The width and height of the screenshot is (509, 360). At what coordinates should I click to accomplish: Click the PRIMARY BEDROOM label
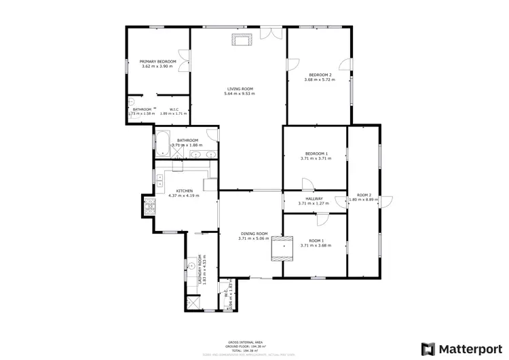(x=158, y=62)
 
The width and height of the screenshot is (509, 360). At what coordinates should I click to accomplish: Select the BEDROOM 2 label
(x=320, y=75)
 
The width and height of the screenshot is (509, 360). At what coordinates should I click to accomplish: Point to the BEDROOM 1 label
(x=316, y=154)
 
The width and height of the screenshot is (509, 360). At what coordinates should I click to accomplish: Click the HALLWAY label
(x=313, y=198)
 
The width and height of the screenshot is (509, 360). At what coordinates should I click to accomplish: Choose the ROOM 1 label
(x=316, y=241)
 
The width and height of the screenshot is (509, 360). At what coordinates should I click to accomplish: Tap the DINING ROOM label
(x=254, y=234)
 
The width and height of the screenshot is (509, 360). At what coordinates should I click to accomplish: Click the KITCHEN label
(x=184, y=191)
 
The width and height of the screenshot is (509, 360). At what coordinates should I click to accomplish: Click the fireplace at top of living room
(x=242, y=39)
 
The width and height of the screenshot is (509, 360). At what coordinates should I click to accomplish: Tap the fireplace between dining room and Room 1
(x=281, y=249)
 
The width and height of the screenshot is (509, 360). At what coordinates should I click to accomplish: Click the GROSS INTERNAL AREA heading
(x=245, y=342)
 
